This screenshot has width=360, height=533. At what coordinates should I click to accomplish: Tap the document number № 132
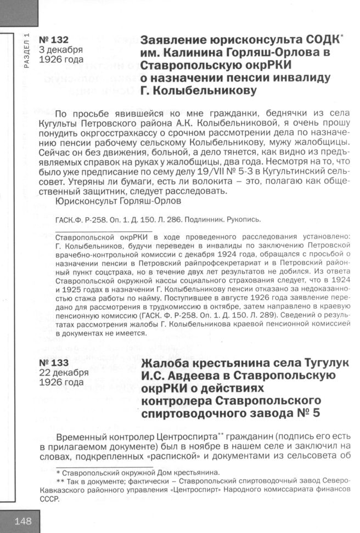pyautogui.click(x=54, y=39)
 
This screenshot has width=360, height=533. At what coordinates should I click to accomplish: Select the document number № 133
pyautogui.click(x=54, y=362)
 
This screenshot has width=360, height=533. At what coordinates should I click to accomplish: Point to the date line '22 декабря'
pyautogui.click(x=64, y=372)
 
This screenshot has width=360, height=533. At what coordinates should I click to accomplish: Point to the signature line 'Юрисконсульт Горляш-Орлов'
pyautogui.click(x=119, y=201)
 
